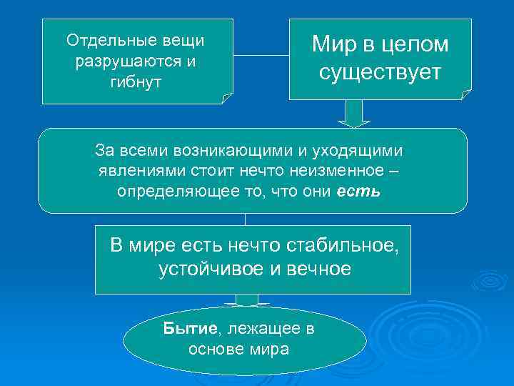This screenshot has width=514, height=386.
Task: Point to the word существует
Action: coord(380,73)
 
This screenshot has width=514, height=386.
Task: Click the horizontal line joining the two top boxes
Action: coord(261,54)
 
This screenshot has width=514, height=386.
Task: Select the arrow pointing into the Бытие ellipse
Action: coord(247,300)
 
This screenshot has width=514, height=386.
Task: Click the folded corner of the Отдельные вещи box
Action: coord(228,99)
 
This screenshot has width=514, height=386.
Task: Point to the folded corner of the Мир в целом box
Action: coord(466,94)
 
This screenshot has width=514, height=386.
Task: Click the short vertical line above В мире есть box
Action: coord(245,219)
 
